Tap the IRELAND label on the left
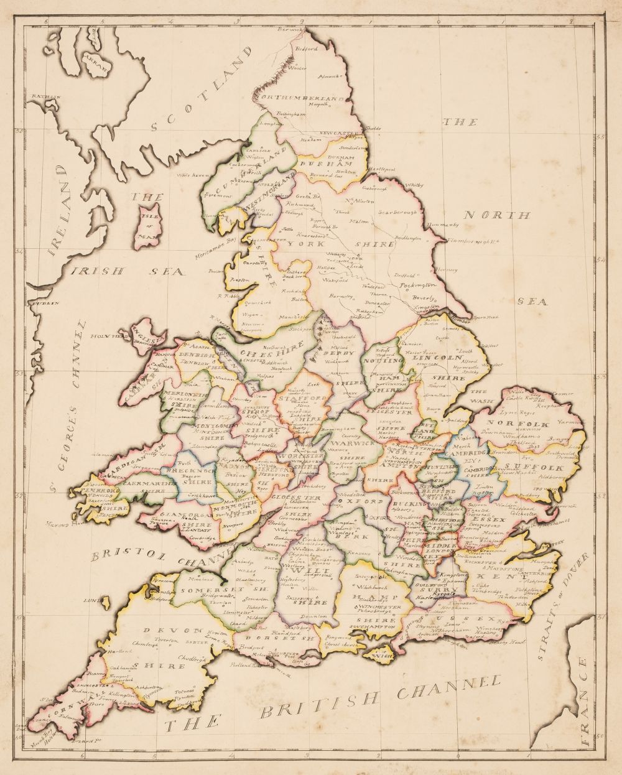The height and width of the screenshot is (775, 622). pyautogui.click(x=62, y=206)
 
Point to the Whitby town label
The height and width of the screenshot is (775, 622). pyautogui.click(x=413, y=185)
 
